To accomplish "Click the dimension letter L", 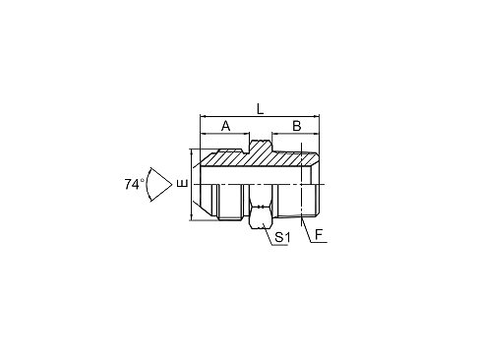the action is [x=260, y=109].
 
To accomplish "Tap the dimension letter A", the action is [x=225, y=126].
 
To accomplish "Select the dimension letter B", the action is [x=297, y=126].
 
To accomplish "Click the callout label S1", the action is [x=282, y=237].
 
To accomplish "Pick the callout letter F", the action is [x=319, y=235].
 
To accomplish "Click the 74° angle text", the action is [x=134, y=184].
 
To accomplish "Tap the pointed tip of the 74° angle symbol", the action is [x=172, y=184].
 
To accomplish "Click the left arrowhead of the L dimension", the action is [x=203, y=116].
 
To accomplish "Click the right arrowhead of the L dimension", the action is [x=317, y=116].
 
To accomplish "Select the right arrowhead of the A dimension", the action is [x=247, y=134].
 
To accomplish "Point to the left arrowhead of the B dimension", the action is [x=274, y=134].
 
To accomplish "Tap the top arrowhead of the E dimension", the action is [x=191, y=151].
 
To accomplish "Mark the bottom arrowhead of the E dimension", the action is [x=191, y=217].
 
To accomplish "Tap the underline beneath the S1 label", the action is [x=279, y=245].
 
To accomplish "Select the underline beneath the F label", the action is [x=319, y=242].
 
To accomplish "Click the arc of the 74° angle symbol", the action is [x=147, y=184].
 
